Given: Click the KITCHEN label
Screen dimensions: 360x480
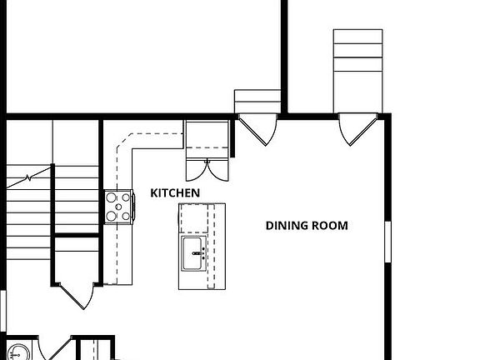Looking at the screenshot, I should click(175, 192).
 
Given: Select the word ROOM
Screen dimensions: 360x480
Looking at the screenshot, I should click(330, 225).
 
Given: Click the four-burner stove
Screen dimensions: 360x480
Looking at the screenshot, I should click(118, 206).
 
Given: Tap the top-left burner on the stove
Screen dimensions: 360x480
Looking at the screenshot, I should click(112, 199).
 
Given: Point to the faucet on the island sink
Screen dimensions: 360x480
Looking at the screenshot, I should click(203, 253).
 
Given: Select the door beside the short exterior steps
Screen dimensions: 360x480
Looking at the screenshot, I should click(257, 129).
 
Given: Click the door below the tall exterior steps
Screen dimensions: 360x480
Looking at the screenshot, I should click(359, 129).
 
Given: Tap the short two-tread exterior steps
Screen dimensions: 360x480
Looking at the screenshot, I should click(256, 100).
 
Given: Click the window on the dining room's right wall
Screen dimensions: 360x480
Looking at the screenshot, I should click(387, 246).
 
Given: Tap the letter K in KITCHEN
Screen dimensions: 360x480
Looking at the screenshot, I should click(154, 192).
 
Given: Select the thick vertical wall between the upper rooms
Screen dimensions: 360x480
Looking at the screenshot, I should click(283, 54).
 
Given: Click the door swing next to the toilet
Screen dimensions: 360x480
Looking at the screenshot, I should click(58, 348).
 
